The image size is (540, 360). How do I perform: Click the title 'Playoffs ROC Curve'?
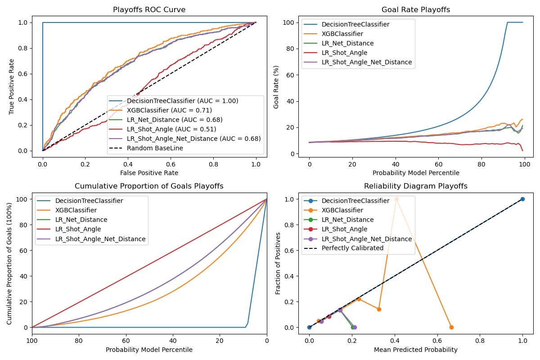click(149, 10)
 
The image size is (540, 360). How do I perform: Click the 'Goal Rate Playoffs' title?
click(416, 10)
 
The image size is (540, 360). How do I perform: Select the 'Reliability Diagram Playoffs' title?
click(416, 186)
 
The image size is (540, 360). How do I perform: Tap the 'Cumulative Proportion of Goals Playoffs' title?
click(149, 186)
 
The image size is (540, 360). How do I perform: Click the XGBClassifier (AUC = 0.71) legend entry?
click(170, 110)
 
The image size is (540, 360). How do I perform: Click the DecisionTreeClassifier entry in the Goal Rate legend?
click(355, 24)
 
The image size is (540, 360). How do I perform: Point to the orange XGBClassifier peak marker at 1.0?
click(396, 199)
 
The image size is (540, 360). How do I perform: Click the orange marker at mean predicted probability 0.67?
click(451, 327)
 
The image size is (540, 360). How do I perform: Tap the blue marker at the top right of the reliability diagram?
click(522, 199)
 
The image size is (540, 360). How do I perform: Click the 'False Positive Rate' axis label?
click(149, 173)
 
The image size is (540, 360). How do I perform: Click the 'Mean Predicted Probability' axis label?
click(416, 350)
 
